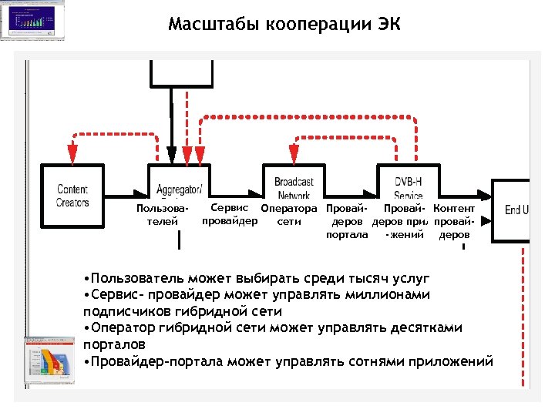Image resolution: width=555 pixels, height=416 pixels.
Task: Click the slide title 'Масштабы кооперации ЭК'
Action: pyautogui.click(x=284, y=25)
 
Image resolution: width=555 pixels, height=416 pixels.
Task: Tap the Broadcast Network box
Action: pyautogui.click(x=294, y=183)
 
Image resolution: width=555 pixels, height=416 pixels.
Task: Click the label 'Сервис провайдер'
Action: pyautogui.click(x=229, y=214)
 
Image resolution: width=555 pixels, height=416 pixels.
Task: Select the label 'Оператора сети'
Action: pyautogui.click(x=289, y=215)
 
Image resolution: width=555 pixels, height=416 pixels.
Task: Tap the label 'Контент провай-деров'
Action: pyautogui.click(x=454, y=221)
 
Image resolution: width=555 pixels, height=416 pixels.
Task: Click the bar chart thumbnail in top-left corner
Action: pyautogui.click(x=32, y=20)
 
